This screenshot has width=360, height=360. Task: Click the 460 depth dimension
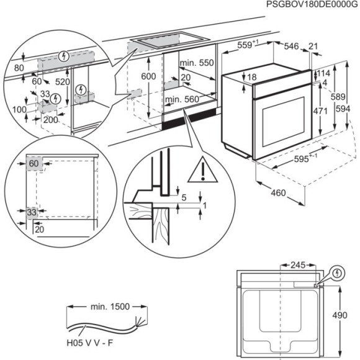pyautogui.click(x=278, y=193)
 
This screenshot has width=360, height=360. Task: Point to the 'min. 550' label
pyautogui.click(x=196, y=64)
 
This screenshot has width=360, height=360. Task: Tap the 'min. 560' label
pyautogui.click(x=181, y=99)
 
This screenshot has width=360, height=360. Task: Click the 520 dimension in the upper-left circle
pyautogui.click(x=63, y=81)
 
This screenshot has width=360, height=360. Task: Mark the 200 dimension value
pyautogui.click(x=51, y=119)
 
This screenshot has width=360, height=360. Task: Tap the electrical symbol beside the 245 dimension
pyautogui.click(x=337, y=272)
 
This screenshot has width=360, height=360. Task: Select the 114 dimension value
pyautogui.click(x=323, y=73)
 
